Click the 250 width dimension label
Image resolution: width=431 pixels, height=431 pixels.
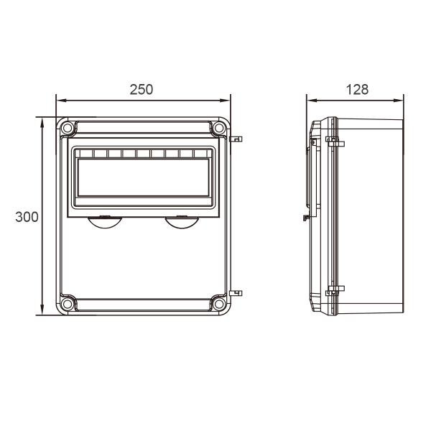pyautogui.click(x=142, y=90)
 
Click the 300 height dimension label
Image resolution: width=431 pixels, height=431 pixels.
pyautogui.click(x=27, y=217)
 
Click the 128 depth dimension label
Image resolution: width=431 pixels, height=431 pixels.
pyautogui.click(x=357, y=90)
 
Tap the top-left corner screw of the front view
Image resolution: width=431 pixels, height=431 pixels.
pyautogui.click(x=67, y=128)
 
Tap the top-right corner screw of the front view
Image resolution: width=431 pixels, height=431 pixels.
pyautogui.click(x=219, y=128)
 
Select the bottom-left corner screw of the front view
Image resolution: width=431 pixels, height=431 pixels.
pyautogui.click(x=67, y=304)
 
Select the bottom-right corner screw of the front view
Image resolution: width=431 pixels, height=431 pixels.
pyautogui.click(x=219, y=304)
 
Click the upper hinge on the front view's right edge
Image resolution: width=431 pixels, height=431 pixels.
pyautogui.click(x=236, y=139)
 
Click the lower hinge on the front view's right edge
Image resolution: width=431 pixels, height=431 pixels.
pyautogui.click(x=236, y=293)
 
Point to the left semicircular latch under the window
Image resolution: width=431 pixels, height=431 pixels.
pyautogui.click(x=105, y=223)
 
